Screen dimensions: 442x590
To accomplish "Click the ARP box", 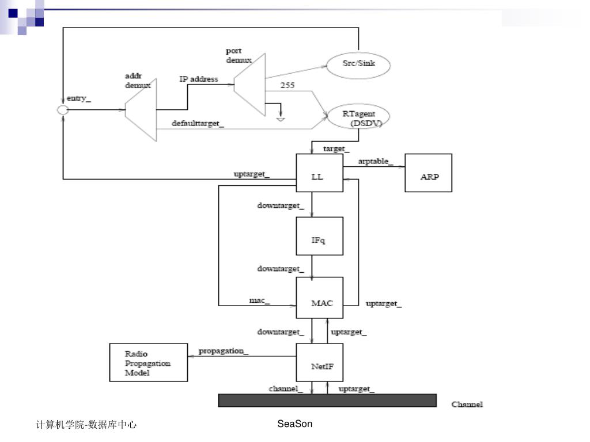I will (429, 173).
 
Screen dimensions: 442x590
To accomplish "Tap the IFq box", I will (319, 236).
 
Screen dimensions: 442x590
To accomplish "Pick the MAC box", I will (319, 298).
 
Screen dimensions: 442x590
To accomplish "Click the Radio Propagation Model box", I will (148, 363).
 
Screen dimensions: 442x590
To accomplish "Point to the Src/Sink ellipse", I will (358, 64).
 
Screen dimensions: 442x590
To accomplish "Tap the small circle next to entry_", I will (63, 109).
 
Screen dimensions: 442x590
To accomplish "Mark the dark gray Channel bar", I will (327, 401).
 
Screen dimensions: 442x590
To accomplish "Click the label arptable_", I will (376, 162).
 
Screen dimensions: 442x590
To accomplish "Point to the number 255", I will (287, 85).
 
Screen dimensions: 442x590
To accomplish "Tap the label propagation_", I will (224, 350).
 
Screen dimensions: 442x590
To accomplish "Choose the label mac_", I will (259, 300).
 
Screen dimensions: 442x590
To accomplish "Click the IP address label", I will (198, 79).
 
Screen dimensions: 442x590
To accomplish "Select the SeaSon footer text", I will (294, 424).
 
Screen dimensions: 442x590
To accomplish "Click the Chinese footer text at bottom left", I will (86, 425).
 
